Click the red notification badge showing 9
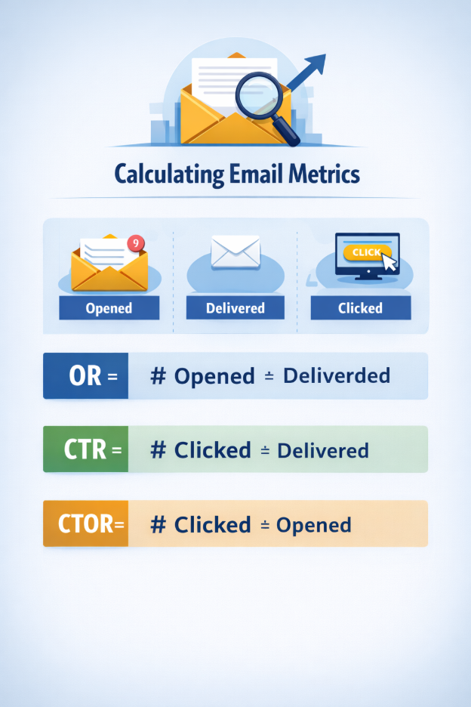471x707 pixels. coord(136,242)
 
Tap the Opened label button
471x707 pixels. coord(109,307)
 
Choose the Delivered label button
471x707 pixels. coord(235,307)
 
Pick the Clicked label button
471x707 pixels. coord(360,307)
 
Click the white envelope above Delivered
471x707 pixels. coord(235,252)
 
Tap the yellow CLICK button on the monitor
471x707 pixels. coord(365,252)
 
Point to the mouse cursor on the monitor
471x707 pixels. coord(389,262)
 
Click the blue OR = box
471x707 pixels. coord(85,375)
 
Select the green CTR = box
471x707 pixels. coord(85,449)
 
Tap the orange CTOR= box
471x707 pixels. coord(85,523)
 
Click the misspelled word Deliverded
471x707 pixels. coord(336,375)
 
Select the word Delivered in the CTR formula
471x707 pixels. coord(323,450)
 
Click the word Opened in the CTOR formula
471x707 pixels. coord(313,524)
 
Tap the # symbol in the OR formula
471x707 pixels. coord(158,375)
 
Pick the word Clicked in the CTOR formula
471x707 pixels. coord(212,524)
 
